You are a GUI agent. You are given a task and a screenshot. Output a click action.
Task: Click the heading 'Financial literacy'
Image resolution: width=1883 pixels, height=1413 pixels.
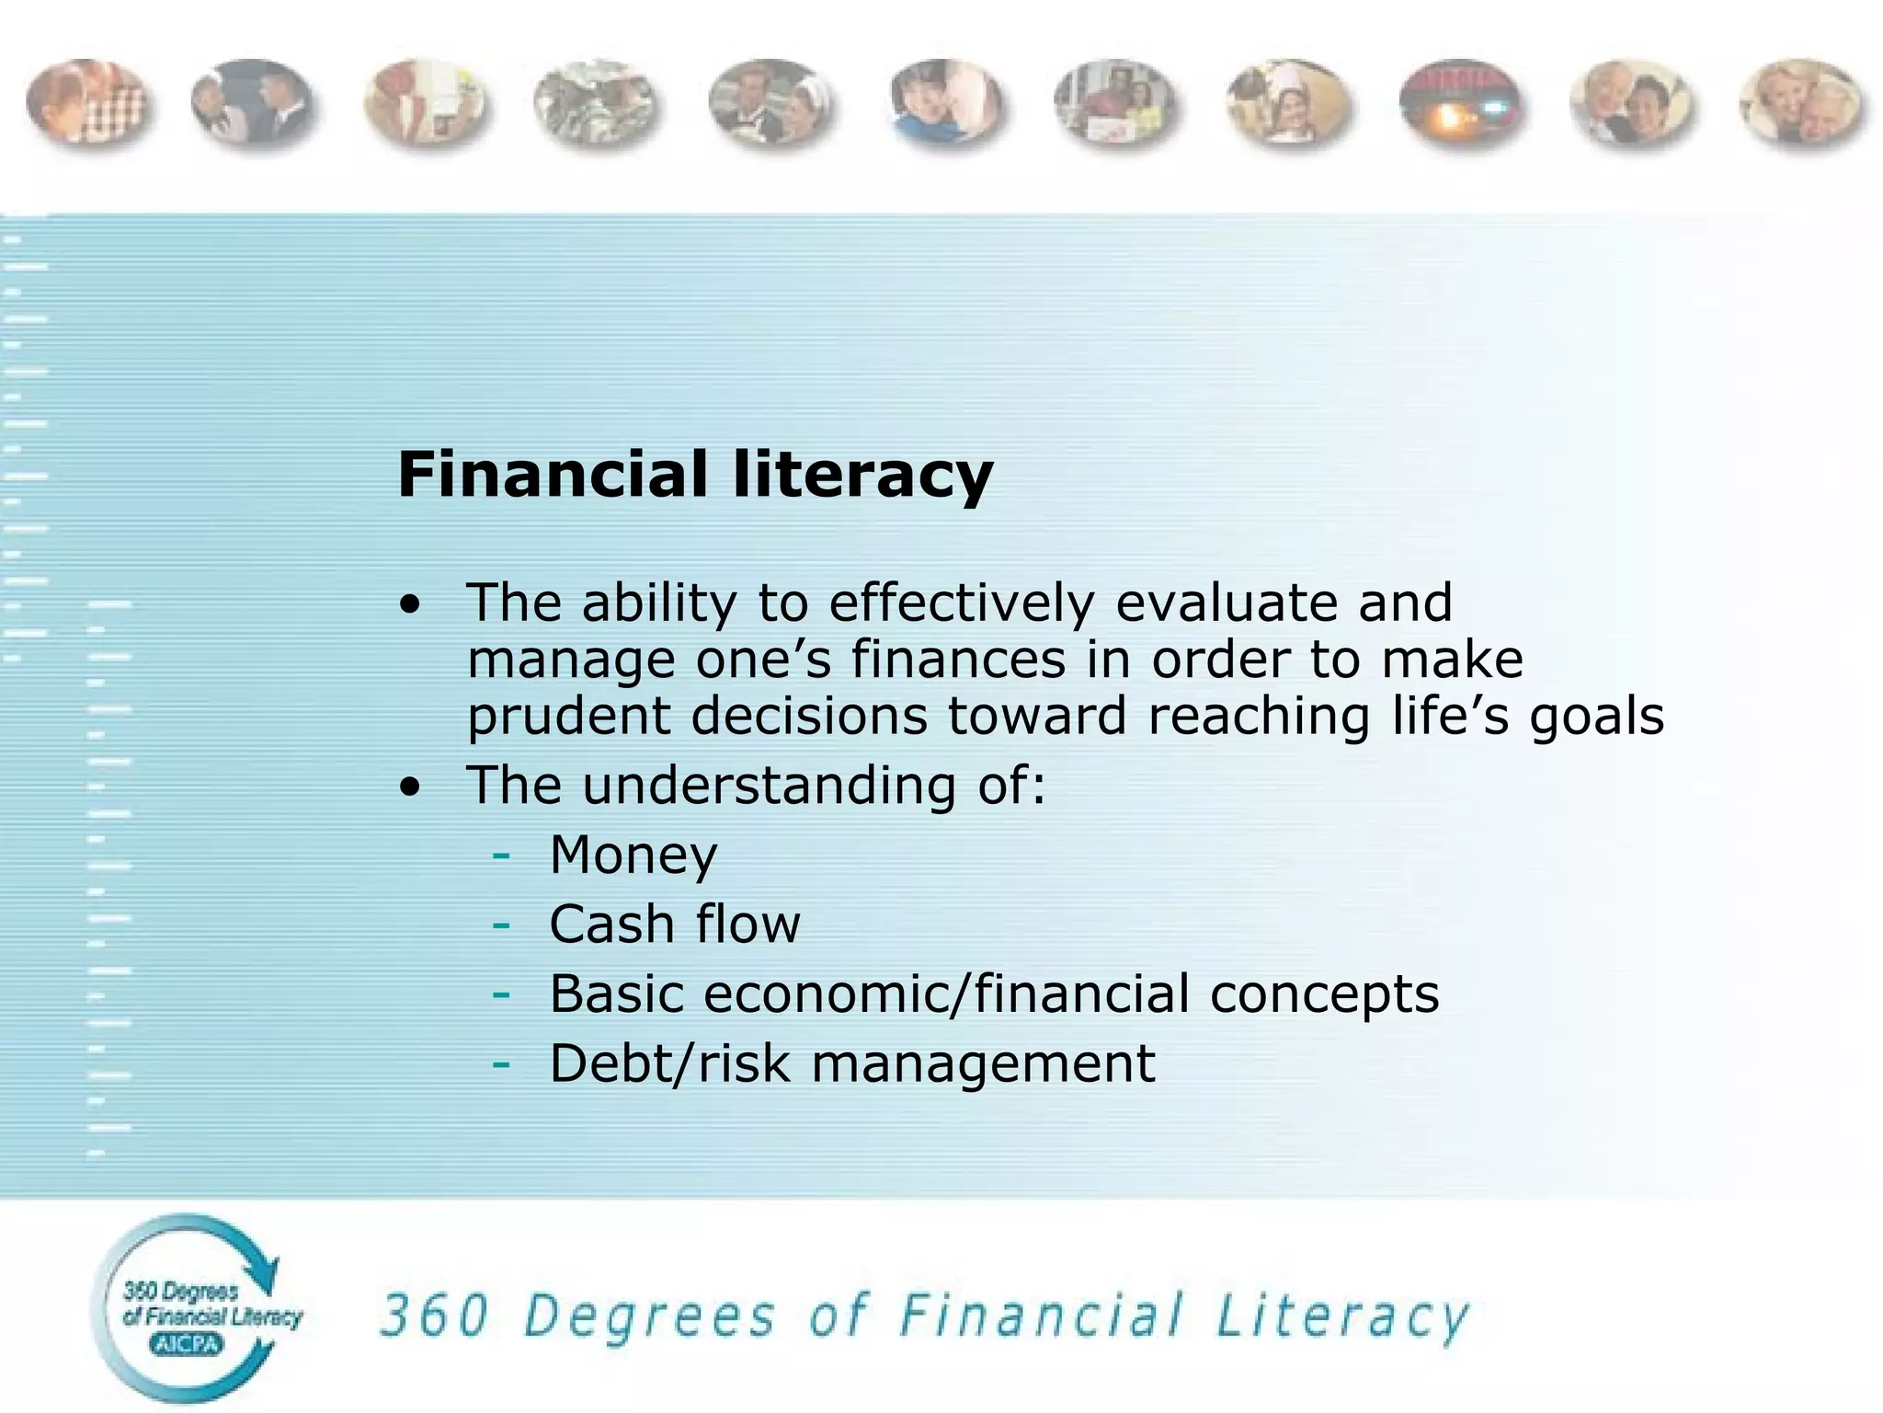[695, 476]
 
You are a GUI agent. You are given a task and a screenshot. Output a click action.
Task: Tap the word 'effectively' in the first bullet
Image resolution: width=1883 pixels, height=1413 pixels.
[962, 603]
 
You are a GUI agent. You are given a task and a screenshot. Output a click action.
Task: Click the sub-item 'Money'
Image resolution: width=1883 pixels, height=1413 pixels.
[633, 855]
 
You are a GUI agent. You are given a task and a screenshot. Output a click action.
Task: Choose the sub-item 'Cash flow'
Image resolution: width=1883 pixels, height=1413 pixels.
[675, 924]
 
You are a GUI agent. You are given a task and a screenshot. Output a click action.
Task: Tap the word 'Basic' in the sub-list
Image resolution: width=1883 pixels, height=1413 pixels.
[617, 994]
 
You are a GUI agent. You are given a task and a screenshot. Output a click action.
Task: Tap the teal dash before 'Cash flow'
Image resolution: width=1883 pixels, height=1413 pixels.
[501, 925]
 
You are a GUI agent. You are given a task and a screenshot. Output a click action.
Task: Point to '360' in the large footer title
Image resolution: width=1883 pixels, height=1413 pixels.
[434, 1315]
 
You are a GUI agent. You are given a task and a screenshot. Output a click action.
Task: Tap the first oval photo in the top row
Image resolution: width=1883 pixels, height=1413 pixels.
[88, 102]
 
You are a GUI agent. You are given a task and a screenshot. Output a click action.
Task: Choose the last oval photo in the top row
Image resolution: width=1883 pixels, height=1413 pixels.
[1801, 104]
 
